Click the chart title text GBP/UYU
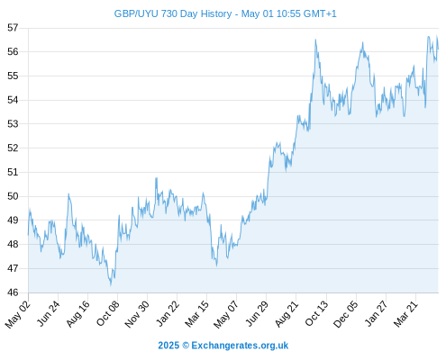click(136, 13)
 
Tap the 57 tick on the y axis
click(13, 28)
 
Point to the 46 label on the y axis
click(13, 292)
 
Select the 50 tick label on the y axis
click(13, 196)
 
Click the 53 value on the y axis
click(13, 124)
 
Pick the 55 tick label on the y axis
click(13, 76)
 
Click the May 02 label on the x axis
click(18, 314)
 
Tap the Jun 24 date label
click(49, 313)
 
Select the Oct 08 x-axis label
click(108, 313)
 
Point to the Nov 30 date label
click(137, 314)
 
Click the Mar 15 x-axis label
click(197, 314)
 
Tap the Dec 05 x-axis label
click(346, 314)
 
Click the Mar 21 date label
click(406, 314)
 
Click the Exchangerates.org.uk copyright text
click(240, 346)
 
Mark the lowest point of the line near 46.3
click(111, 285)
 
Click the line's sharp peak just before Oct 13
click(315, 40)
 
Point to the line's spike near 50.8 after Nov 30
click(156, 178)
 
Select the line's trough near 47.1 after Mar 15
click(216, 265)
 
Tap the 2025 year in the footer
click(168, 346)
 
